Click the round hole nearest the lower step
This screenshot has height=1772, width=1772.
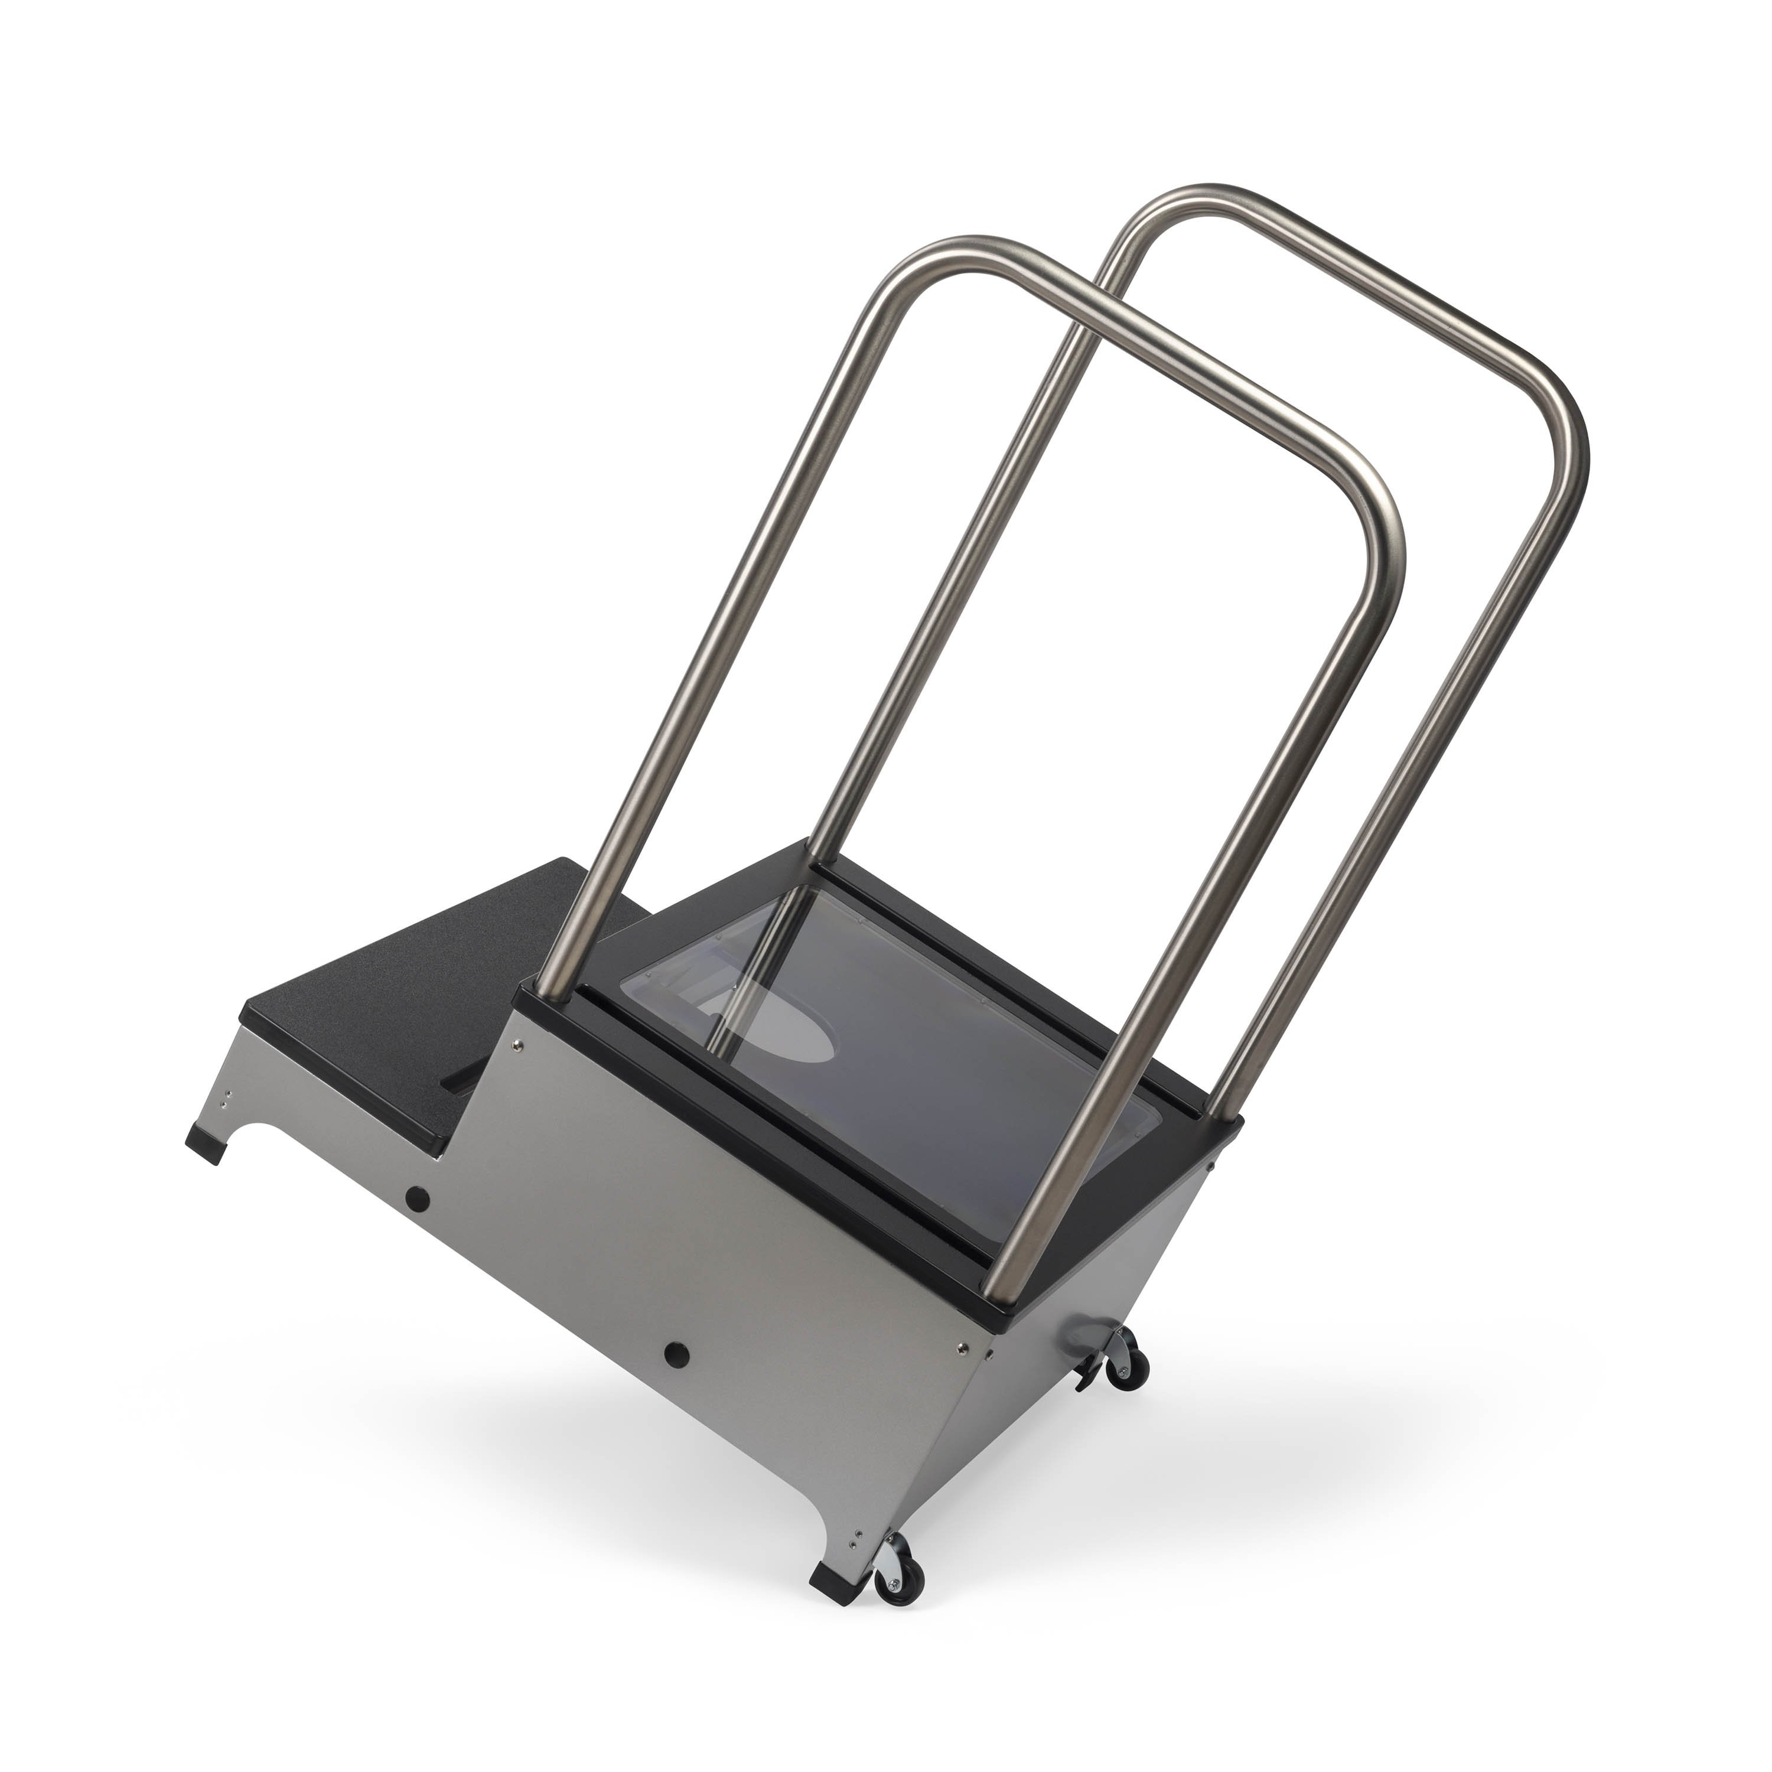[x=418, y=1198]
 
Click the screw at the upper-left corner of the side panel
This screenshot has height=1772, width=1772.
[x=519, y=1043]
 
